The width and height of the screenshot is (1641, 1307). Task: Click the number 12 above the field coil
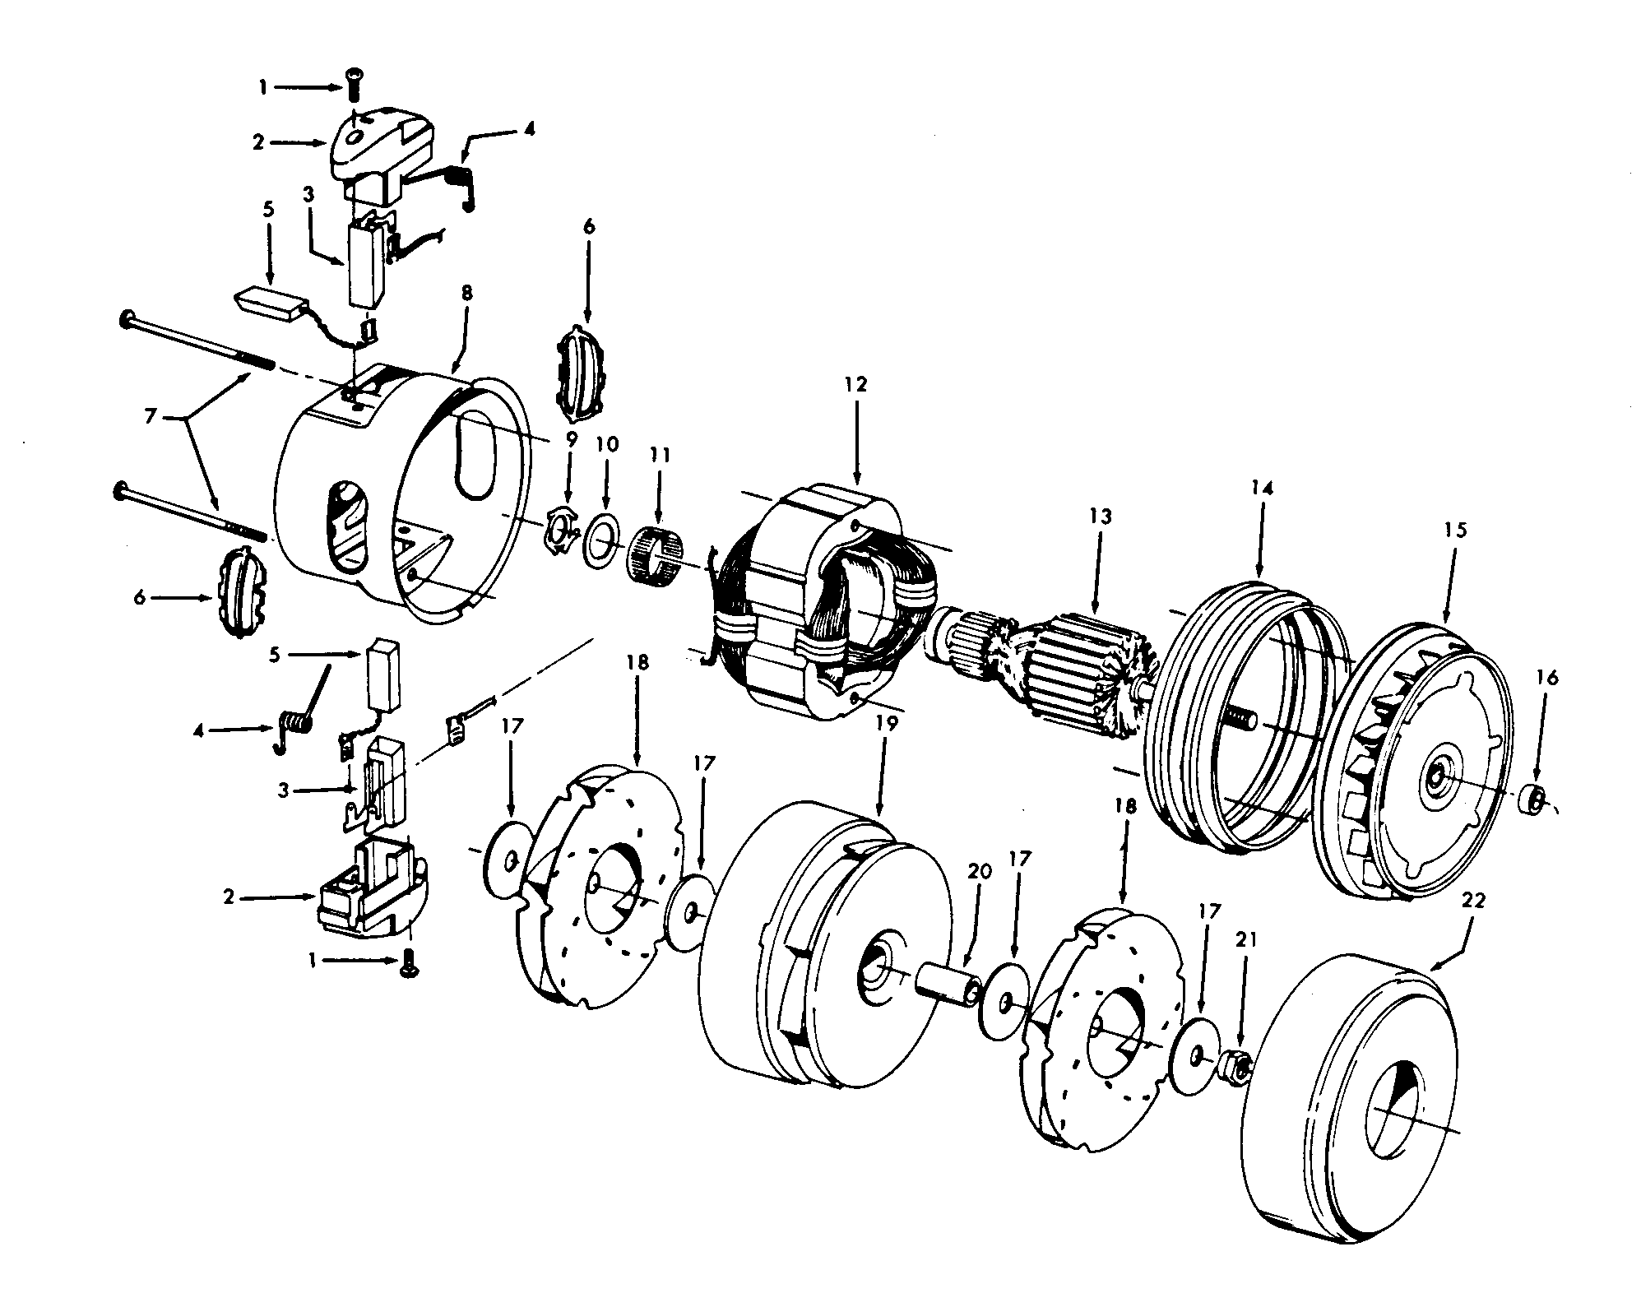[x=855, y=385]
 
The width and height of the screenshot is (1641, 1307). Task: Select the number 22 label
[x=1475, y=900]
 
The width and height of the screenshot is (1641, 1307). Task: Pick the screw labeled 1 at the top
[x=355, y=100]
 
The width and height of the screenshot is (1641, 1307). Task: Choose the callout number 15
[x=1455, y=530]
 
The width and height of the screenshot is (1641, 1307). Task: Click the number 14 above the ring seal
[x=1263, y=488]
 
